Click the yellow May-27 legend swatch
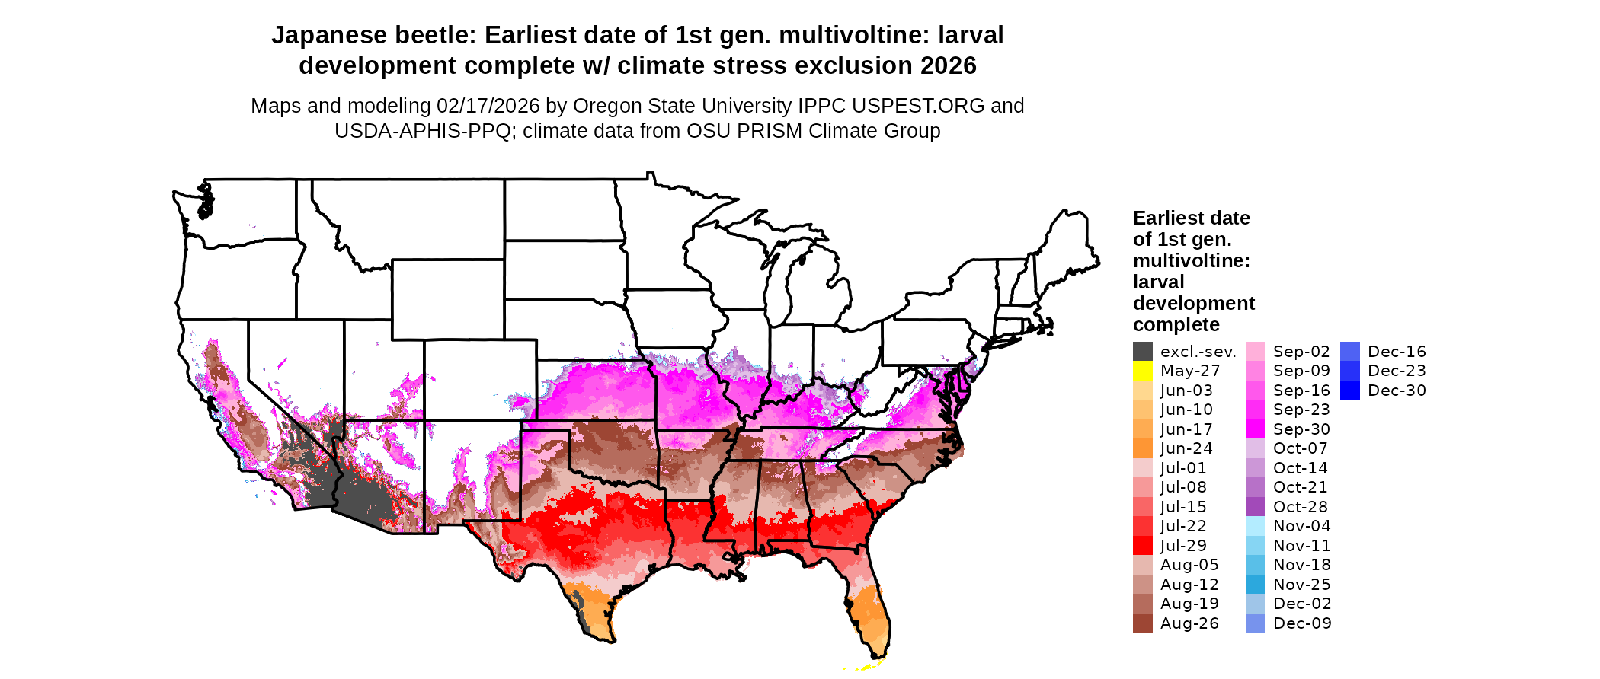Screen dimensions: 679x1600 point(1142,371)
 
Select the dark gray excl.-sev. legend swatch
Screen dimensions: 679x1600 point(1142,352)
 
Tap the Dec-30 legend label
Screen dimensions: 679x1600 point(1397,391)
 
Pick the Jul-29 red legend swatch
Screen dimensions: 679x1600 point(1142,546)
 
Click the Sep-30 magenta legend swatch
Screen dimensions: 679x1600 point(1255,429)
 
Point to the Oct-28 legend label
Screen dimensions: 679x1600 point(1300,507)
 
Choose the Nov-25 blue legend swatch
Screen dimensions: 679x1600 point(1255,585)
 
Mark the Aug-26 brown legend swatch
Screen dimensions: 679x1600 point(1142,623)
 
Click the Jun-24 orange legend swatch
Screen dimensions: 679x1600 point(1142,448)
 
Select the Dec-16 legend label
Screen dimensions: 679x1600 point(1397,352)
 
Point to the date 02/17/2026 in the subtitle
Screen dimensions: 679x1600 point(488,106)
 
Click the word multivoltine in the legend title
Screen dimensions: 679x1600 point(1190,261)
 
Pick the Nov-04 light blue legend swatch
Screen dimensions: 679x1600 point(1255,526)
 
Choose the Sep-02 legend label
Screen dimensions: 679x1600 point(1301,352)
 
